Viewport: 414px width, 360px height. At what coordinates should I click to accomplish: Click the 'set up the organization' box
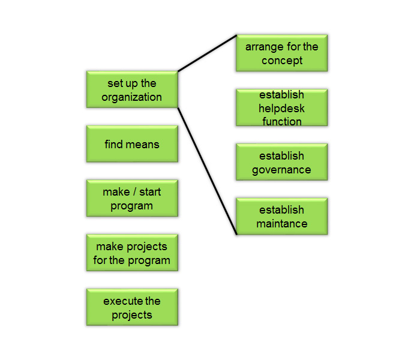[132, 89]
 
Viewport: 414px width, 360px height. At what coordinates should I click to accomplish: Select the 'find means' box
[132, 144]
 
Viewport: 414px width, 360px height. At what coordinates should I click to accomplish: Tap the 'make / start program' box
[132, 199]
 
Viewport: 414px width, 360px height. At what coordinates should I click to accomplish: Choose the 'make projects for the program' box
[132, 253]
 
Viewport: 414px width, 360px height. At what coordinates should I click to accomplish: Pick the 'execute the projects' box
[132, 307]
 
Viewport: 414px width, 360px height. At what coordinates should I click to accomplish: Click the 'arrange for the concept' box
[282, 53]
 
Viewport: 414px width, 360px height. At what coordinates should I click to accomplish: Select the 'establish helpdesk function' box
[282, 107]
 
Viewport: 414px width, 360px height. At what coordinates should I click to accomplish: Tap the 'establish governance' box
[282, 162]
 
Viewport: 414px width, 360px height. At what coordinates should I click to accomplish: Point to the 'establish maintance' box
[282, 217]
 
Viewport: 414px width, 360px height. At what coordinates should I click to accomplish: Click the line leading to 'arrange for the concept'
[207, 53]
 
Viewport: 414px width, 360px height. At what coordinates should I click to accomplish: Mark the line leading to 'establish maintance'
[207, 171]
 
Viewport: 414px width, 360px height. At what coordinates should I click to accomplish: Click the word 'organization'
[132, 97]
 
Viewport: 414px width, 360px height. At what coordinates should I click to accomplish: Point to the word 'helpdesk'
[281, 108]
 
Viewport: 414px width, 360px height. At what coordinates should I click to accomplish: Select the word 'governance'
[281, 170]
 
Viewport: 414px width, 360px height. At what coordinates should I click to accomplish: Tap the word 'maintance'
[282, 224]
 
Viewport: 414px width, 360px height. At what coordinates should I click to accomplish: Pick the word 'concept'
[282, 61]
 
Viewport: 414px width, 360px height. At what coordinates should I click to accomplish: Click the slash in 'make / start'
[134, 192]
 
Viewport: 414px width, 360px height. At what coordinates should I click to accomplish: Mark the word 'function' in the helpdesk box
[282, 121]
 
